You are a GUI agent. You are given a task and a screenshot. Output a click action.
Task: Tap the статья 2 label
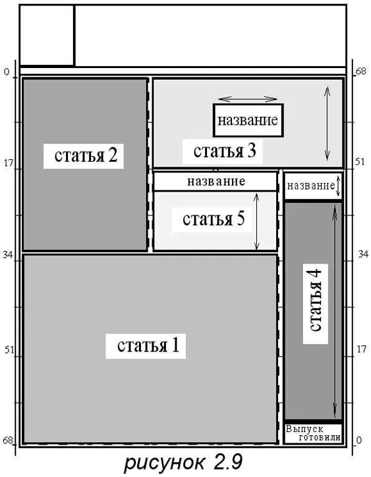(85, 154)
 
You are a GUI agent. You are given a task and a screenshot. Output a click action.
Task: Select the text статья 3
(224, 150)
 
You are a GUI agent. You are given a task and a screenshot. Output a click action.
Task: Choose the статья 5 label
(213, 220)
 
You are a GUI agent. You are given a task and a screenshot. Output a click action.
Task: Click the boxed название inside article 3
(248, 120)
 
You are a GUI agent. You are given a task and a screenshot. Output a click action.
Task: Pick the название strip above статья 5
(215, 182)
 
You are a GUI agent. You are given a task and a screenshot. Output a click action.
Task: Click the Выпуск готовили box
(313, 433)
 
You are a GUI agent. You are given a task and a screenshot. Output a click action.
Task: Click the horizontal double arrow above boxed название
(248, 99)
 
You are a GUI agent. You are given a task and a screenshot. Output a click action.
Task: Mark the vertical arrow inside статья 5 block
(257, 221)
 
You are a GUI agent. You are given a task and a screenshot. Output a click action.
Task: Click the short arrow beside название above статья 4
(338, 186)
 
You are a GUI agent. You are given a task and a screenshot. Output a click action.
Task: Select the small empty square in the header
(47, 35)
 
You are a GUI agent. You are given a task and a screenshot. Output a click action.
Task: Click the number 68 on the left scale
(7, 441)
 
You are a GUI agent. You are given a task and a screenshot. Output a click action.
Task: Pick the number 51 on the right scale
(359, 161)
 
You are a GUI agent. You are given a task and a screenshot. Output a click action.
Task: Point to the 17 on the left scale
(8, 164)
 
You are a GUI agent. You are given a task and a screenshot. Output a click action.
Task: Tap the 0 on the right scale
(358, 440)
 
